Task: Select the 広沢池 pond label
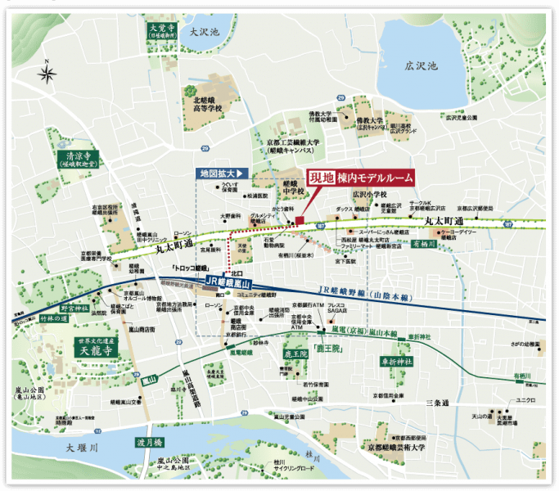pyautogui.click(x=422, y=64)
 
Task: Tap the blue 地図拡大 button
pyautogui.click(x=223, y=174)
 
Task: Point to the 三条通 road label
pyautogui.click(x=440, y=402)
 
